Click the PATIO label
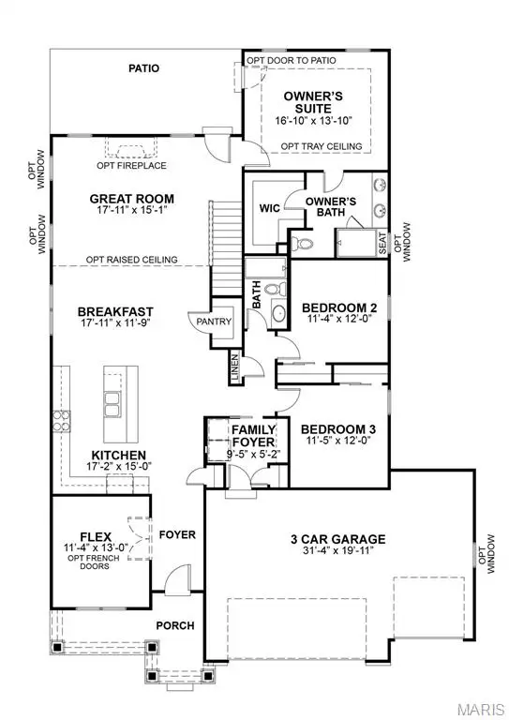(x=143, y=68)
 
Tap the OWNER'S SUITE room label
(x=312, y=100)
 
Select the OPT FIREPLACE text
(x=131, y=166)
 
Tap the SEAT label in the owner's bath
(x=382, y=242)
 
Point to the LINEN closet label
(x=233, y=368)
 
